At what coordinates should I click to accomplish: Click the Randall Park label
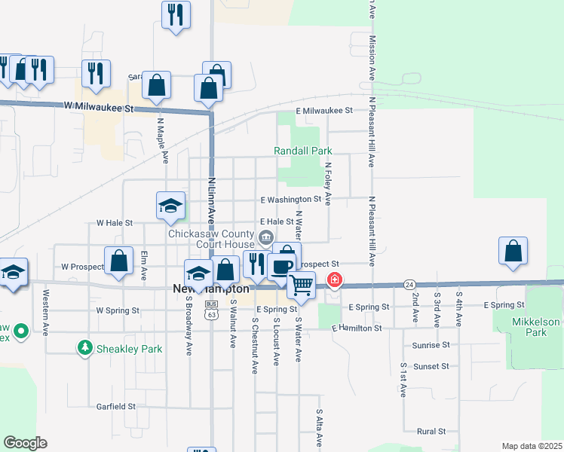pos(302,151)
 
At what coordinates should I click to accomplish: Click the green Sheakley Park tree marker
pos(86,348)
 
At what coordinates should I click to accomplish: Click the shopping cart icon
pos(302,285)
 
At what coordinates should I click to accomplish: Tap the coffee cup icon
pos(281,267)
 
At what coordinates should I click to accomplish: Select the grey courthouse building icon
pos(266,239)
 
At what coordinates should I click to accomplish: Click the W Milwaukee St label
pos(98,108)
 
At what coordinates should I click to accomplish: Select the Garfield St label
pos(115,406)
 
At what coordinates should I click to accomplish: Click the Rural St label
pos(431,432)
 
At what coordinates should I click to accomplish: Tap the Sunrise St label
pos(431,344)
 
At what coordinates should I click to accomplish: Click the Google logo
pos(25,443)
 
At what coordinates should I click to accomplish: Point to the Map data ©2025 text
pos(532,446)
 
